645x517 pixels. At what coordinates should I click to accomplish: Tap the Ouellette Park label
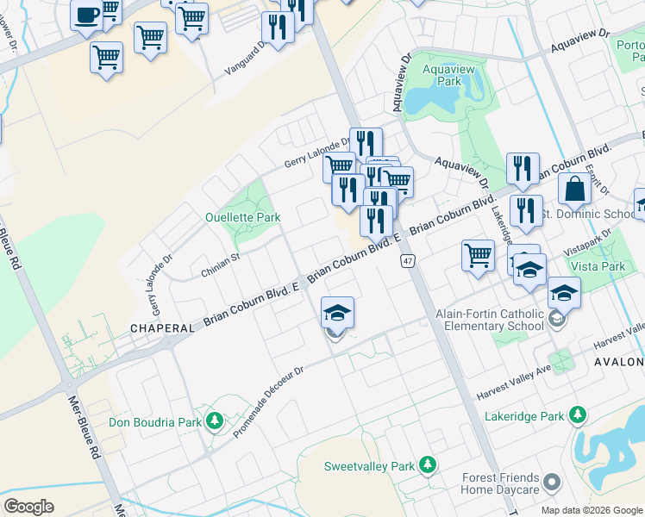tap(242, 217)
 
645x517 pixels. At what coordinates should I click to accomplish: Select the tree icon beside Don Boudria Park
tap(215, 421)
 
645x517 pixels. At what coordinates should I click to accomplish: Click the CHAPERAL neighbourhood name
tap(161, 328)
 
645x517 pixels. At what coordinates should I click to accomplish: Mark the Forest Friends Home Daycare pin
tap(553, 481)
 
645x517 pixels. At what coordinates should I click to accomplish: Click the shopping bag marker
tap(574, 189)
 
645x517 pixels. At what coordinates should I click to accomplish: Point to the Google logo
tap(28, 507)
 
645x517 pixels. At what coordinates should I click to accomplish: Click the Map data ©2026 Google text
tap(591, 510)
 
